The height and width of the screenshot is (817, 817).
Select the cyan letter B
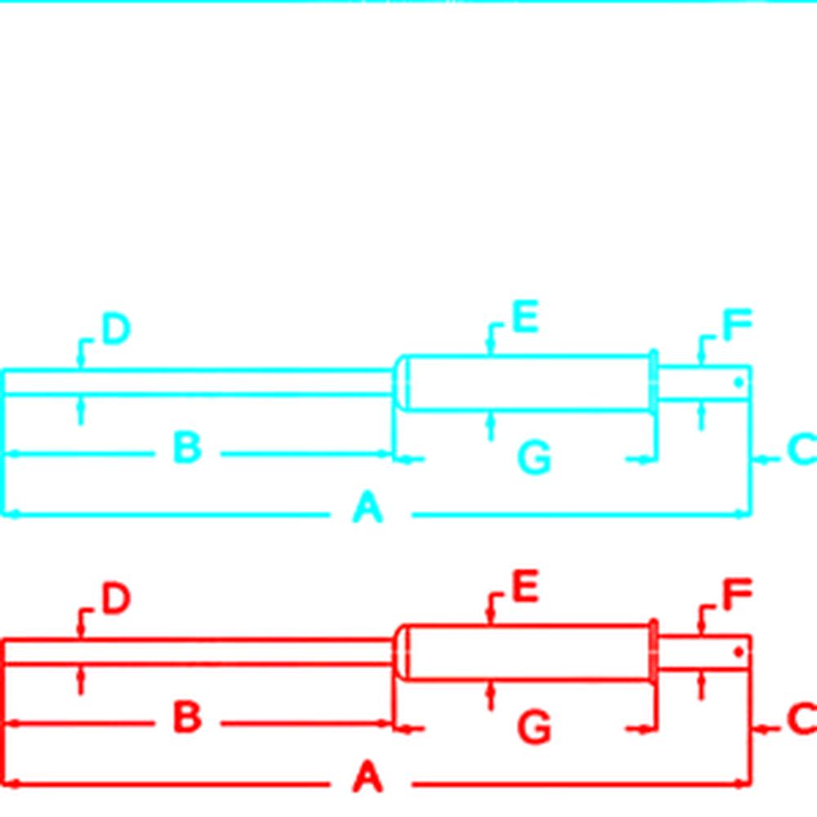(x=187, y=448)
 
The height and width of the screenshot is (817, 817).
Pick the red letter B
(x=187, y=718)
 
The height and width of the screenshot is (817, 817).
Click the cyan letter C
(x=801, y=450)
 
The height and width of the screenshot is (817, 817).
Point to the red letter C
(x=801, y=720)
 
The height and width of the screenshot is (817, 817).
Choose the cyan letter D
(x=115, y=329)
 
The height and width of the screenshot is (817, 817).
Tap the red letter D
(x=115, y=600)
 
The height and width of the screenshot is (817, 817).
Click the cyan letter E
(x=525, y=318)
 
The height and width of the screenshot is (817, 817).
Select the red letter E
(x=525, y=587)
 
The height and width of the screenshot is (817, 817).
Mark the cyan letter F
(x=737, y=326)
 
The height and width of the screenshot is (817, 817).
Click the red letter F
(x=737, y=596)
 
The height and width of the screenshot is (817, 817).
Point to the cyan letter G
(x=534, y=458)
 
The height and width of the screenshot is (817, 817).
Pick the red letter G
(x=534, y=728)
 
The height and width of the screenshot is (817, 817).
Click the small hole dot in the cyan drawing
(x=738, y=382)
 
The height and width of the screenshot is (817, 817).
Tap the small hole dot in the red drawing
(x=738, y=652)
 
